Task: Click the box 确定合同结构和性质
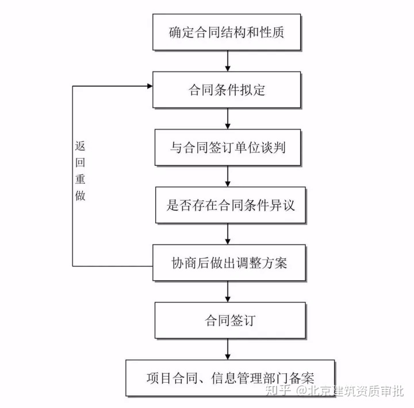tap(228, 32)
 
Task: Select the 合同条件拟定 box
tap(228, 90)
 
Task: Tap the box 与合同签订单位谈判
tap(228, 147)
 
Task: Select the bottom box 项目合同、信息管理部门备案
tap(230, 378)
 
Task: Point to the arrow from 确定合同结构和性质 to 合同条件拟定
tap(228, 60)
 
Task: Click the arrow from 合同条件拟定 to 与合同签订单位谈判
tap(228, 119)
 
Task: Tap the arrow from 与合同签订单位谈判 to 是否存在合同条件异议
tap(228, 176)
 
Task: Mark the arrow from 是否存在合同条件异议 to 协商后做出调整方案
tap(228, 234)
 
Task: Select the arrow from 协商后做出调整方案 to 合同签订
tap(228, 291)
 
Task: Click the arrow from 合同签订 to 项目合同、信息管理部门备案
tap(228, 349)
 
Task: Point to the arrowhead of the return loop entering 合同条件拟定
tap(149, 86)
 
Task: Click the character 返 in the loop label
tap(80, 146)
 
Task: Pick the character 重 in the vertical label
tap(80, 178)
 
